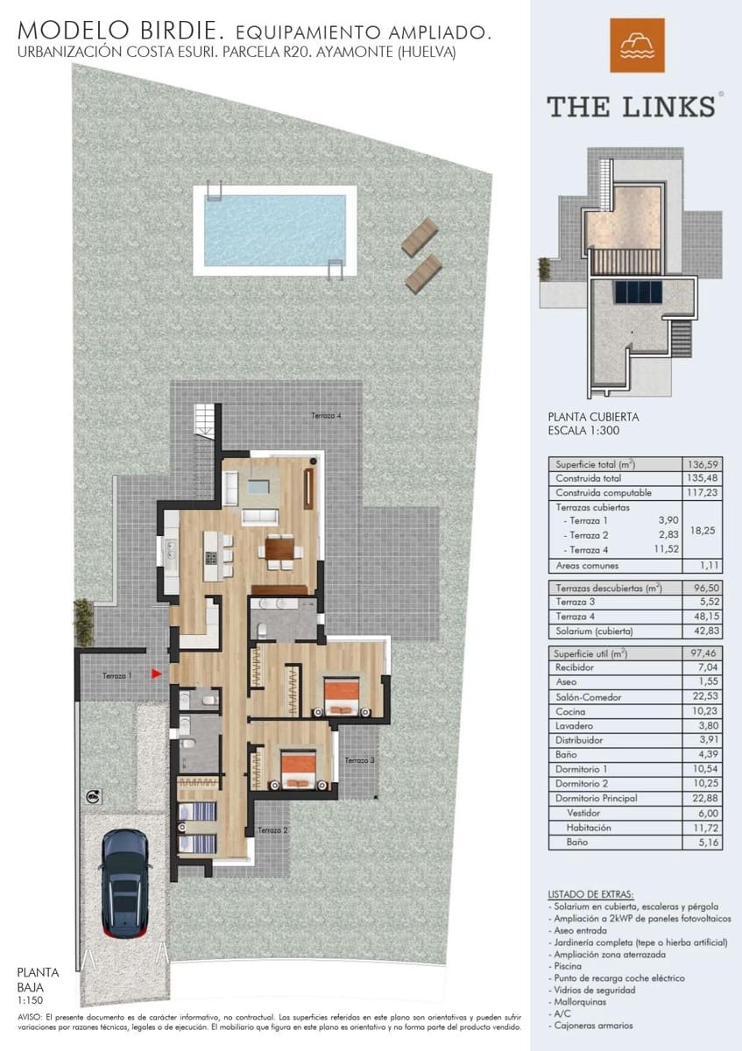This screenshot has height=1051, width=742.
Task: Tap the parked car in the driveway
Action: pos(124,883)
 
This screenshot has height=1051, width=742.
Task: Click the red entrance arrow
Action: pos(156,674)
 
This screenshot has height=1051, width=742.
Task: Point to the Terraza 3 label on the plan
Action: pos(360,760)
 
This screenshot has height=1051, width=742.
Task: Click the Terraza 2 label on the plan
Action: pos(272,830)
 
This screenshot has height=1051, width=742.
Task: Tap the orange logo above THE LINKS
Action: pos(637,46)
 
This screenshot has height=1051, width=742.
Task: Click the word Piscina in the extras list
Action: pos(567,965)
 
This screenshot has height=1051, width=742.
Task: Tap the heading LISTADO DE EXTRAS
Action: pos(590,893)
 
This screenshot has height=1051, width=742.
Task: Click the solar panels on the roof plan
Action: pos(638,292)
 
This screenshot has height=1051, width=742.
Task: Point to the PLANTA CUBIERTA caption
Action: pos(593,418)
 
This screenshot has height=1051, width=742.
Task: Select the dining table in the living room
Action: pos(279,549)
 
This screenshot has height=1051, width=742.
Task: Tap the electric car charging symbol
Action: pos(94,796)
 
